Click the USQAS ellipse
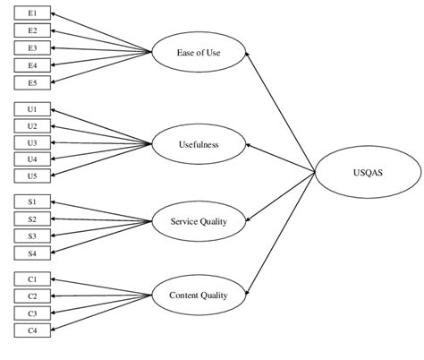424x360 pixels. (x=368, y=174)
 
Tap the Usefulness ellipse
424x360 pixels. (x=199, y=142)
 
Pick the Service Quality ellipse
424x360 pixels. (x=199, y=221)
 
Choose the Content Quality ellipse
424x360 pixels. (x=199, y=295)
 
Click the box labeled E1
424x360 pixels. (x=33, y=14)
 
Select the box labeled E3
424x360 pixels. (x=33, y=47)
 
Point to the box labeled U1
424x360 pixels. (x=33, y=109)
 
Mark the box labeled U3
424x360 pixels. (x=33, y=142)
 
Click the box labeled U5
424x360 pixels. (x=33, y=176)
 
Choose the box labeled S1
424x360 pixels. (x=33, y=202)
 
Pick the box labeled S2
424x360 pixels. (x=33, y=219)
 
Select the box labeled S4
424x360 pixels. (x=33, y=253)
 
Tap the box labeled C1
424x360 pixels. (x=33, y=279)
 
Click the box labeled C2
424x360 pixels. (x=33, y=296)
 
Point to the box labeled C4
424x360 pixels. (x=33, y=330)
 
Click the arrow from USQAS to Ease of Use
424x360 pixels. (x=280, y=113)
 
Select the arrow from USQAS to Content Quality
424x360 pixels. (x=280, y=235)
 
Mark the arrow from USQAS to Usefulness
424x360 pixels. (x=280, y=158)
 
